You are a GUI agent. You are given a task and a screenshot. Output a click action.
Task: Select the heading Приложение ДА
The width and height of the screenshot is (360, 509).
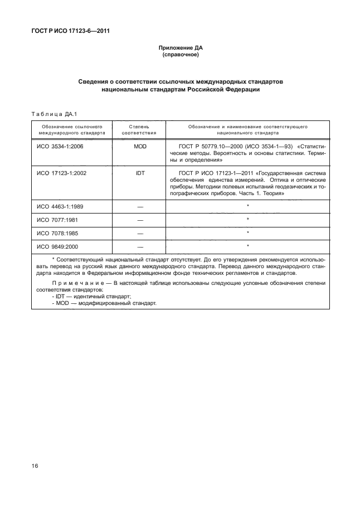(179, 49)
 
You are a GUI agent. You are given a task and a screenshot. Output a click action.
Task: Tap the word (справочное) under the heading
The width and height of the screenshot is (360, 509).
(179, 56)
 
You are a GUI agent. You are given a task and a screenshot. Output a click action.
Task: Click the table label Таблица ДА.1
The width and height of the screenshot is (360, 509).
(55, 114)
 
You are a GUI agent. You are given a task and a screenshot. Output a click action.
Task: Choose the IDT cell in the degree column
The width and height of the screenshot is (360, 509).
(140, 173)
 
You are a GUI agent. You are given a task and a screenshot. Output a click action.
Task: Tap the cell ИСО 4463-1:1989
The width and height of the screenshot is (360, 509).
(61, 207)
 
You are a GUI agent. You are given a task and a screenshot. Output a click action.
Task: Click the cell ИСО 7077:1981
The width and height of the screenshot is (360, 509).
(57, 220)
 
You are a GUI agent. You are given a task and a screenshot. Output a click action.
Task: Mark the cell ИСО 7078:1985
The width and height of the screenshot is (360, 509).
(57, 232)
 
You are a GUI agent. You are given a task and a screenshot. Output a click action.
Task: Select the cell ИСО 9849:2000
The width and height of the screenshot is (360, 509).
(57, 246)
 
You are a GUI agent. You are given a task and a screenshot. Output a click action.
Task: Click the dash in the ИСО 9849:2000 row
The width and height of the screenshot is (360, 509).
(140, 246)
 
